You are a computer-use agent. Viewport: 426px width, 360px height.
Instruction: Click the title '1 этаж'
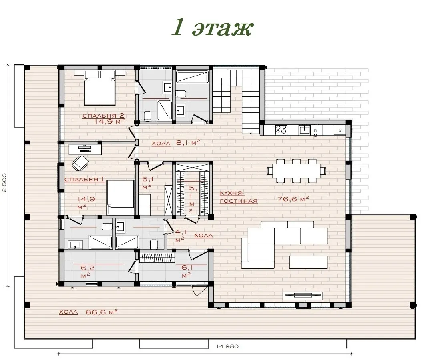point(213,28)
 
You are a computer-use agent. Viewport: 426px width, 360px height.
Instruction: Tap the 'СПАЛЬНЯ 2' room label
point(103,116)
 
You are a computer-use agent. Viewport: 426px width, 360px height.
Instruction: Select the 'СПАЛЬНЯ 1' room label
point(84,180)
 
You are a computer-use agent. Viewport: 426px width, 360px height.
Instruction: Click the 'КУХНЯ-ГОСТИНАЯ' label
point(239,197)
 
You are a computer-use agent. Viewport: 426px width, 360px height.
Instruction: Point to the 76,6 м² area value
point(293,199)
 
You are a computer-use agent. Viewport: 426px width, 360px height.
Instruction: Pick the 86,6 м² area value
point(102,312)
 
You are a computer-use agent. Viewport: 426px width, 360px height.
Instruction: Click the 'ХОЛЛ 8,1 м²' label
point(176,143)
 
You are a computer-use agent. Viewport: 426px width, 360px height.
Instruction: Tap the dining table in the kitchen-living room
point(296,171)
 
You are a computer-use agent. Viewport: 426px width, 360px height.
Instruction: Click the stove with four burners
point(281,130)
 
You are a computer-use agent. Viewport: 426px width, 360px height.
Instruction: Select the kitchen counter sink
point(305,130)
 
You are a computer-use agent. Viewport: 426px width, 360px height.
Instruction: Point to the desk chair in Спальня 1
point(80,163)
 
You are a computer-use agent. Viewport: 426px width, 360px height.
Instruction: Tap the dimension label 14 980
point(228,346)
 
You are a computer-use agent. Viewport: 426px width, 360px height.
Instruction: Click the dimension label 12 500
point(4,184)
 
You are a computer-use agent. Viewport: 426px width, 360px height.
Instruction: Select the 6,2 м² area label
point(87,272)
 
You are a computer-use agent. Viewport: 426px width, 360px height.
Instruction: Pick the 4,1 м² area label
point(180,235)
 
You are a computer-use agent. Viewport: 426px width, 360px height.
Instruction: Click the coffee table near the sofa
point(308,262)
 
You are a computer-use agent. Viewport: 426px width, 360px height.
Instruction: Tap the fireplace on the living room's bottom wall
point(303,295)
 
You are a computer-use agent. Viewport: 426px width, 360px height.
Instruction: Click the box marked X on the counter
point(340,130)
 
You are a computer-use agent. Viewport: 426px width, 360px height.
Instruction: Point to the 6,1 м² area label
point(187,271)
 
